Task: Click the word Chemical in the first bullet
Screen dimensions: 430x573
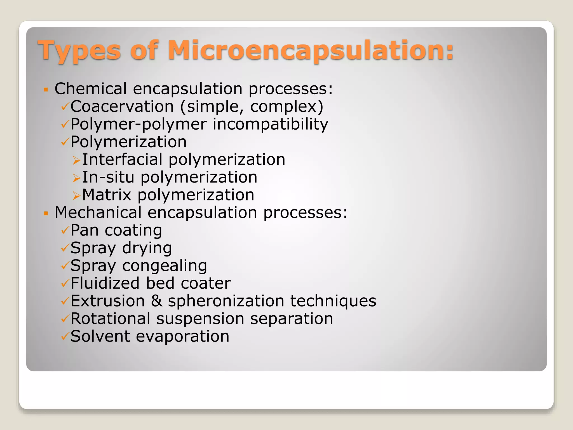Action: tap(91, 89)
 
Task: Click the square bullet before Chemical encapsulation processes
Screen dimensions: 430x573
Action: tap(46, 90)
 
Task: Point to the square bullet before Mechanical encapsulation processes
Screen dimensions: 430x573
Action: tap(46, 214)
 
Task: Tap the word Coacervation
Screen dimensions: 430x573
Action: tap(122, 107)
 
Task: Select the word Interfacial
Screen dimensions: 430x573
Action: tap(122, 160)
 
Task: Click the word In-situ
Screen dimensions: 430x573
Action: tap(108, 177)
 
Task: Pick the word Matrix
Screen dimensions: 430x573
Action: tap(107, 195)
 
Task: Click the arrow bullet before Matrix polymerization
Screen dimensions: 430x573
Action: tap(76, 196)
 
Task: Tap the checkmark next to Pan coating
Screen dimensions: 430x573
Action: tap(65, 231)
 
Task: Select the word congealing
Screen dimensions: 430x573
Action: tap(165, 266)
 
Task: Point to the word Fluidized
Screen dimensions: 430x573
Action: tap(105, 283)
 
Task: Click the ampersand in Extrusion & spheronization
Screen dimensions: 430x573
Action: tap(156, 301)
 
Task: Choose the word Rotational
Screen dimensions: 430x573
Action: tap(110, 319)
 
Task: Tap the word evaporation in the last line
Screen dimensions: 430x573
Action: tap(182, 336)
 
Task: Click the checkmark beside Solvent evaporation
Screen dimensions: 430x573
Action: tap(65, 336)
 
